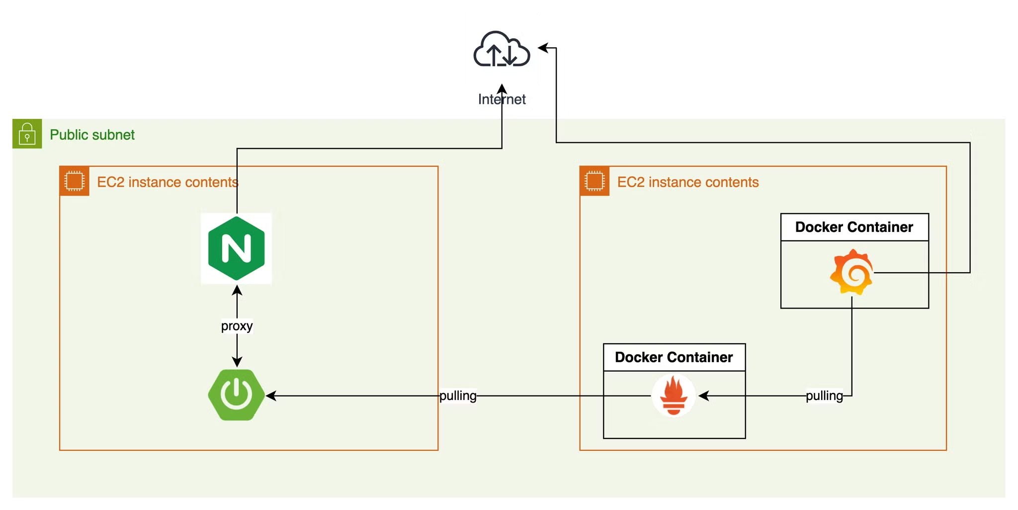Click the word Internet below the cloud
pyautogui.click(x=502, y=100)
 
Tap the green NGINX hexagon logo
pyautogui.click(x=236, y=248)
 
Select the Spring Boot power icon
pyautogui.click(x=237, y=395)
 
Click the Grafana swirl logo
pyautogui.click(x=851, y=272)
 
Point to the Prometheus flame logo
pyautogui.click(x=674, y=396)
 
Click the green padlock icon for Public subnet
pyautogui.click(x=27, y=134)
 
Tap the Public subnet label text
pyautogui.click(x=92, y=135)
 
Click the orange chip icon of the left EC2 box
pyautogui.click(x=75, y=181)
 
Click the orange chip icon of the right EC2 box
pyautogui.click(x=594, y=181)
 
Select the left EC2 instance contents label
pyautogui.click(x=168, y=182)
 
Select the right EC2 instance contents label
pyautogui.click(x=688, y=182)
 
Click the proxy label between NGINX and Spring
pyautogui.click(x=237, y=326)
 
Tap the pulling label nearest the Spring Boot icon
pyautogui.click(x=458, y=396)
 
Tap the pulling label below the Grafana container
pyautogui.click(x=824, y=396)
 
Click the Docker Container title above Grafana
pyautogui.click(x=854, y=227)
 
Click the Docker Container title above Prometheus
pyautogui.click(x=674, y=357)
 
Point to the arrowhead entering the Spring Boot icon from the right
pyautogui.click(x=271, y=396)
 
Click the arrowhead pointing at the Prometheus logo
pyautogui.click(x=703, y=396)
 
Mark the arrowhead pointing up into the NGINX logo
pyautogui.click(x=237, y=290)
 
